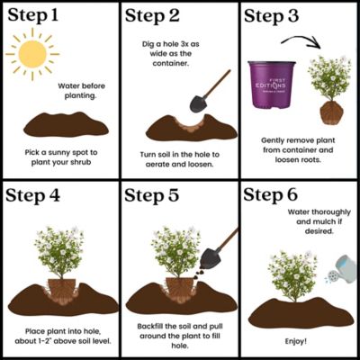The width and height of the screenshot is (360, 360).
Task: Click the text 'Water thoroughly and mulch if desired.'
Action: (x=301, y=223)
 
